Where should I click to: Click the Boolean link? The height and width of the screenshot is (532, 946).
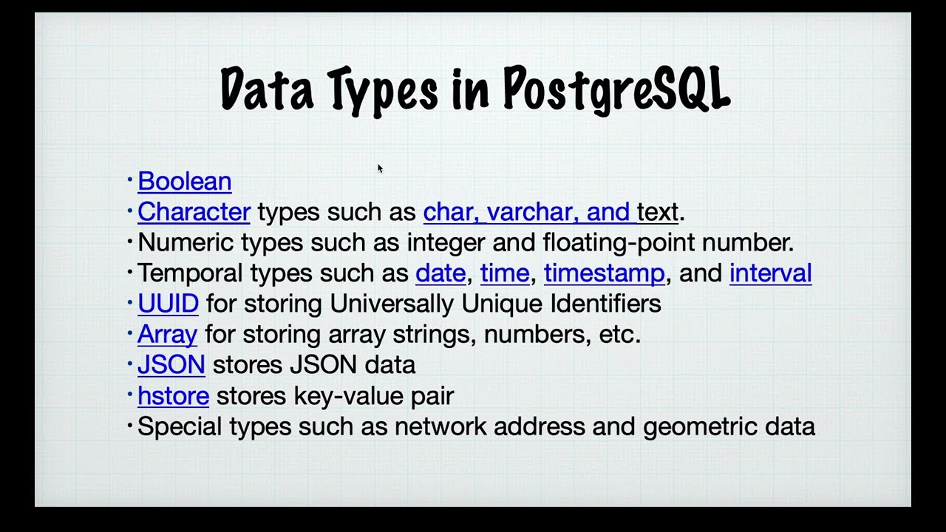pos(184,182)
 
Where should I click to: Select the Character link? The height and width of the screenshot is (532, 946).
pos(194,212)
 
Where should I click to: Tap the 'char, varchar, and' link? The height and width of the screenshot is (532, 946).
pos(528,212)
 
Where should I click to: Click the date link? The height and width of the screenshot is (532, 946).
pos(440,273)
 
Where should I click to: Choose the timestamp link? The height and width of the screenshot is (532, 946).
pos(604,273)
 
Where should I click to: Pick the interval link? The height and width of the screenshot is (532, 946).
pos(770,273)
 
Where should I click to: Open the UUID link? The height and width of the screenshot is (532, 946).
pos(168,304)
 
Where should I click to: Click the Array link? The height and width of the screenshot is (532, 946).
pos(167,335)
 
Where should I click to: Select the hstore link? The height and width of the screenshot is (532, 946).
pos(173,396)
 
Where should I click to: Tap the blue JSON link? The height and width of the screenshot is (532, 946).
pos(171,365)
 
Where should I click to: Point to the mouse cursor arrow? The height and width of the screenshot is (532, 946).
pos(380,168)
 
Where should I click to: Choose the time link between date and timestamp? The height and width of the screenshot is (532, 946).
pos(505,273)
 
